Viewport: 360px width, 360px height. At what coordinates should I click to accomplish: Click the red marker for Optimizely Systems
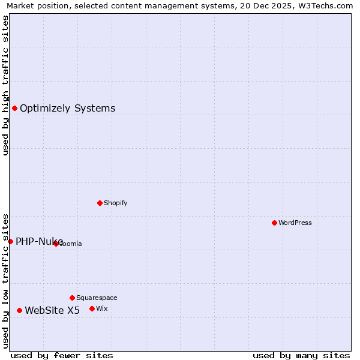tap(14, 108)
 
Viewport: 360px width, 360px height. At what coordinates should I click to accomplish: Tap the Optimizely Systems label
tap(67, 109)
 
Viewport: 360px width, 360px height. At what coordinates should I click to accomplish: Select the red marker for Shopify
tap(100, 203)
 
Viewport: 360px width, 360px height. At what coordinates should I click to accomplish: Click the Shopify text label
tap(115, 203)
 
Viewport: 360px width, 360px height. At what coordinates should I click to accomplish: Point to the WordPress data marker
tap(274, 223)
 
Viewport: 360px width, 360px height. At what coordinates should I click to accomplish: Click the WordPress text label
tap(295, 223)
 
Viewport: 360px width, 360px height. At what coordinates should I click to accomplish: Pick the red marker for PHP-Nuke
tap(10, 241)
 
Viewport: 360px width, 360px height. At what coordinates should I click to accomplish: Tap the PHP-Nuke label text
tap(39, 241)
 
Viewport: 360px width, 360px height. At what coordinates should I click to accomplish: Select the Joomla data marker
tap(56, 244)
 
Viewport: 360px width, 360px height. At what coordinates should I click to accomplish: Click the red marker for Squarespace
tap(72, 298)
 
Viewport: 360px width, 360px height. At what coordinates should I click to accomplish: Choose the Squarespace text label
tap(97, 298)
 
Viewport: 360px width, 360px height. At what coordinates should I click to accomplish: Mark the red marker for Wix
tap(92, 308)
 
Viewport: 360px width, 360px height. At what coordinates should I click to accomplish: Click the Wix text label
tap(101, 308)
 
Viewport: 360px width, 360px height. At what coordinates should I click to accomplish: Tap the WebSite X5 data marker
tap(19, 310)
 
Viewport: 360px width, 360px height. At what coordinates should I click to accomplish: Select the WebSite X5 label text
tap(52, 310)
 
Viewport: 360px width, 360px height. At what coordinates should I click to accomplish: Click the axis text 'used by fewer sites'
tap(62, 355)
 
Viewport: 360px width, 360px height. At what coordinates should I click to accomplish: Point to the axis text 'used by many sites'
tap(301, 355)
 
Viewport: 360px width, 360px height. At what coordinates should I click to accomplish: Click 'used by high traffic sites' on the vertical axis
tap(5, 85)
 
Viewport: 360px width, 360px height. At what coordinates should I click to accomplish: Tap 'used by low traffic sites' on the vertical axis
tap(5, 280)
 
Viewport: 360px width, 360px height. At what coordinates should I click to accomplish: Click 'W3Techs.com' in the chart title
tap(329, 5)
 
